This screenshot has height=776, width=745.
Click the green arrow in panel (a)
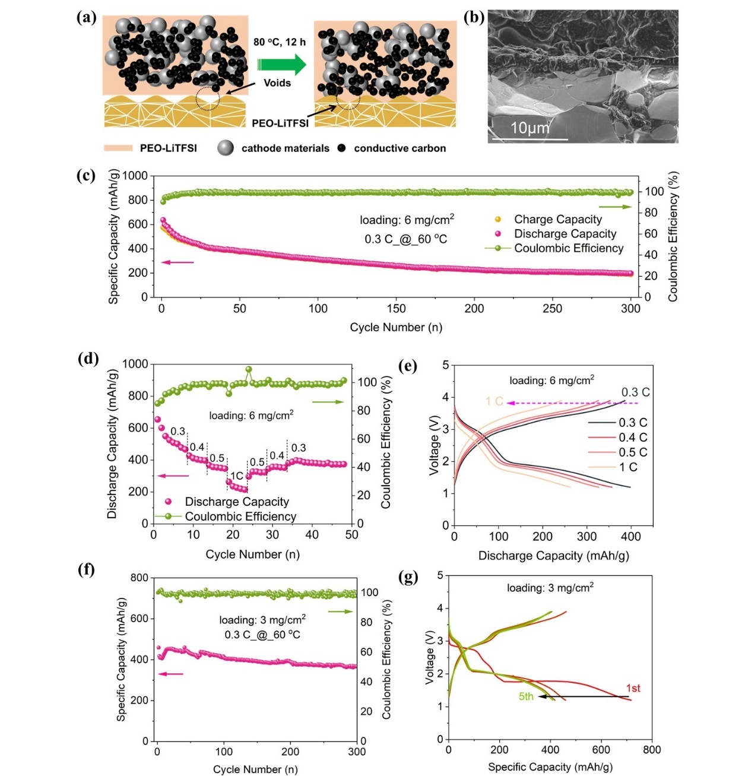[x=281, y=64]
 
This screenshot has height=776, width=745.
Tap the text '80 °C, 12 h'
[x=279, y=42]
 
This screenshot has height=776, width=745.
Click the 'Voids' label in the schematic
[x=277, y=83]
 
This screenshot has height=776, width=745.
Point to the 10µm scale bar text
[x=530, y=128]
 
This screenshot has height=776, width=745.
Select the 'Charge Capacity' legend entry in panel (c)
[x=557, y=220]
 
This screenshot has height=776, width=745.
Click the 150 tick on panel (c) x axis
[x=396, y=309]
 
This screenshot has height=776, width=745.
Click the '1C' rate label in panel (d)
[x=236, y=476]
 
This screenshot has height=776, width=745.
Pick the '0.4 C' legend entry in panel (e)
[x=633, y=438]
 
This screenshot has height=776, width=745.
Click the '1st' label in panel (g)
[x=633, y=688]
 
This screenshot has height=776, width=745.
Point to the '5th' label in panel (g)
[x=526, y=696]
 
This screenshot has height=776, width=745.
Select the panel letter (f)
[x=86, y=570]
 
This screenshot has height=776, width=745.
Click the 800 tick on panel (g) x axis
[x=651, y=750]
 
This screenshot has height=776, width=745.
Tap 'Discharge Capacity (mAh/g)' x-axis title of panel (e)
[x=553, y=556]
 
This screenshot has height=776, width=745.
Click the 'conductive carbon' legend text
[x=400, y=148]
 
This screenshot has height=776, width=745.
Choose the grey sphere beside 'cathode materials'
[x=226, y=148]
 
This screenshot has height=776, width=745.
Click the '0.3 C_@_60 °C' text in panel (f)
[x=262, y=635]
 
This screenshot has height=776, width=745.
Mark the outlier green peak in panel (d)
[x=249, y=369]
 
